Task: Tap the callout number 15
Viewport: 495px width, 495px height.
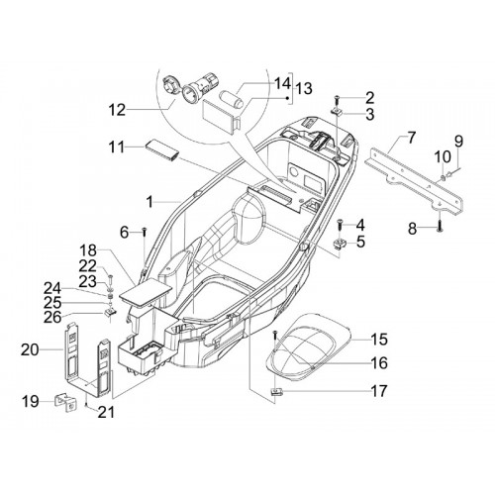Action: pyautogui.click(x=378, y=340)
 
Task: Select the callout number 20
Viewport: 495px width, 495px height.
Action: pyautogui.click(x=30, y=349)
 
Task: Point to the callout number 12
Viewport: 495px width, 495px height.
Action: pyautogui.click(x=117, y=110)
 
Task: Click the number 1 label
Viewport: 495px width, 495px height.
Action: pyautogui.click(x=150, y=202)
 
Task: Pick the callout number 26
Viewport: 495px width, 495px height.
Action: pyautogui.click(x=52, y=317)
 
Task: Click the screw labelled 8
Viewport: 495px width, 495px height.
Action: pyautogui.click(x=440, y=228)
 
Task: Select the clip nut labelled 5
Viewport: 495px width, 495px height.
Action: pyautogui.click(x=340, y=244)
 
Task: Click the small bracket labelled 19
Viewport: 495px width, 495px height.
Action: pyautogui.click(x=65, y=403)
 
